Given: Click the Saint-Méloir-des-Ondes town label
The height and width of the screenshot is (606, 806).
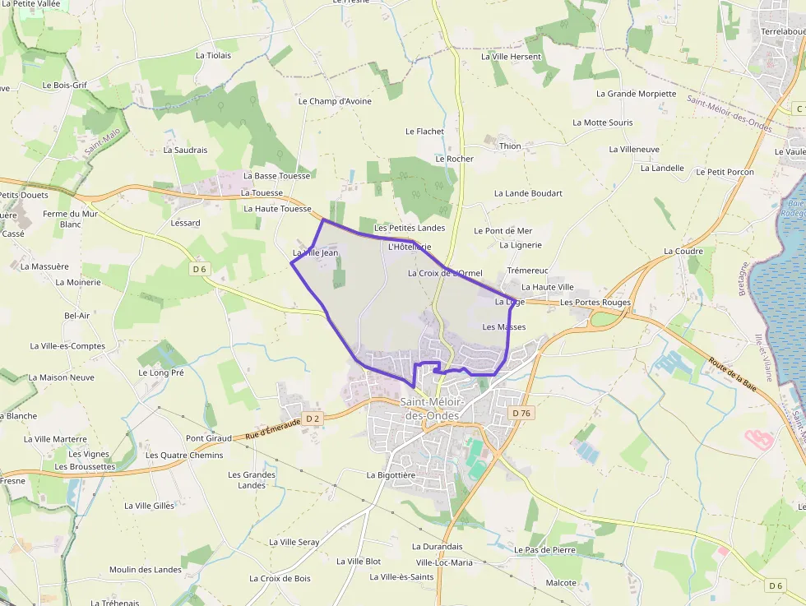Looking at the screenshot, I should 433,409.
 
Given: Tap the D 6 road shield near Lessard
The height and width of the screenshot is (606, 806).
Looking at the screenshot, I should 199,269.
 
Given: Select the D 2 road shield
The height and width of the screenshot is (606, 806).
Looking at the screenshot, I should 312,419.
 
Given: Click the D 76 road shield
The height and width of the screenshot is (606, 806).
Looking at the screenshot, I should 520,413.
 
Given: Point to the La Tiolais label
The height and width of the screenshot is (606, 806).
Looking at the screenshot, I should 213,55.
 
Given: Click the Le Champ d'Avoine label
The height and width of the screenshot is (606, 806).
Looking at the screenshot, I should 335,101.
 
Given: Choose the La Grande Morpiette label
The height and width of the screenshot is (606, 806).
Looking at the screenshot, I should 636,94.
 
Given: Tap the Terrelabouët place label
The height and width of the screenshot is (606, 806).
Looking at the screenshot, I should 782,31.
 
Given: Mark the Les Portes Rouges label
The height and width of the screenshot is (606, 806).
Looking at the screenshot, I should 595,303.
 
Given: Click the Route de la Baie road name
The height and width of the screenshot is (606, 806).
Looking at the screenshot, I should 732,372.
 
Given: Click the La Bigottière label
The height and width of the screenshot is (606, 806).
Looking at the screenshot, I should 391,475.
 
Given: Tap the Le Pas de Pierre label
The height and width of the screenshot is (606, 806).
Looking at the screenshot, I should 544,549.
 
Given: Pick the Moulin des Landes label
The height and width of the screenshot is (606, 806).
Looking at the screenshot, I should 146,570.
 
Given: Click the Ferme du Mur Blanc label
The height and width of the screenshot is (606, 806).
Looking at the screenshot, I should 70,219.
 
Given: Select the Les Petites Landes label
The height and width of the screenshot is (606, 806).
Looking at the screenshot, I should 409,228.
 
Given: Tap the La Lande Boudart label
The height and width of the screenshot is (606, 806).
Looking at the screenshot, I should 528,193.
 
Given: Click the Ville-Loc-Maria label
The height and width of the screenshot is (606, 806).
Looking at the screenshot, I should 444,562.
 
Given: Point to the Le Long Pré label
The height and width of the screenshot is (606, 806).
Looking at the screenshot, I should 161,372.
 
